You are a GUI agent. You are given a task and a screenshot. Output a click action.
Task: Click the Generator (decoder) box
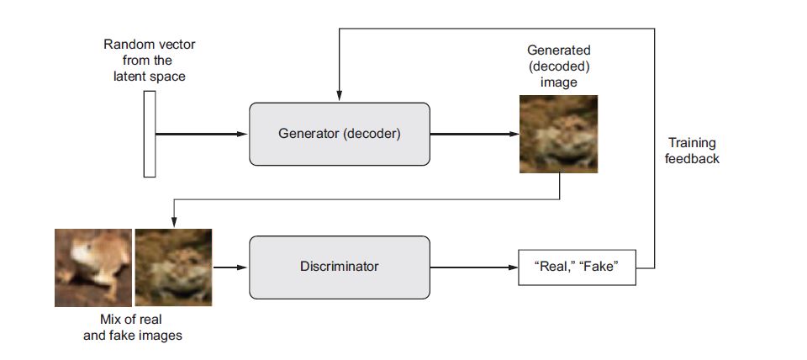pos(339,134)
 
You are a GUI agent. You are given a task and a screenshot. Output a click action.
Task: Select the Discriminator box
pos(339,267)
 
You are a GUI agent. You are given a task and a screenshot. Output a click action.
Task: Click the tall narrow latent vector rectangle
pos(150,134)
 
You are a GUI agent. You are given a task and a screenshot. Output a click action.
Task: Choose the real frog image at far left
pos(92,266)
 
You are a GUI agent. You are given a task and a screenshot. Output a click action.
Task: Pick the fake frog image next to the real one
pos(173,266)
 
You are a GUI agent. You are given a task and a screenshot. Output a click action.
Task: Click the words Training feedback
pos(692,151)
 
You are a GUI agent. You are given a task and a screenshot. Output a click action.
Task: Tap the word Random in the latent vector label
pos(124,45)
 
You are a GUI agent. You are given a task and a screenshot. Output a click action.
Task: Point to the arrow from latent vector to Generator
pos(202,134)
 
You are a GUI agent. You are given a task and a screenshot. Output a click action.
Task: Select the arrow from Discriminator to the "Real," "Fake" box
pos(472,267)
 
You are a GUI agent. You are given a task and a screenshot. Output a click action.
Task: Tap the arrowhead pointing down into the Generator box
pos(339,94)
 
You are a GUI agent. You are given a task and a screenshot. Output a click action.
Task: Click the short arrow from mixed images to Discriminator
pos(230,267)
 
